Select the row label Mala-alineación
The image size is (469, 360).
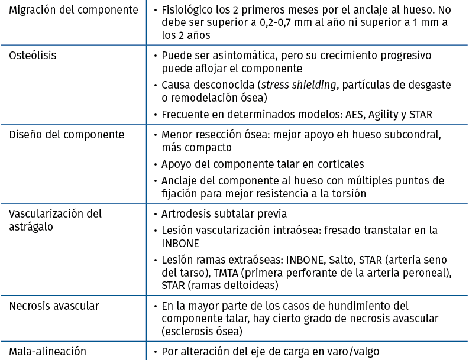tap(47, 351)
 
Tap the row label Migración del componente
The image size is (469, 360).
tap(73, 10)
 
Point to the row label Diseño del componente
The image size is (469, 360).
tap(66, 134)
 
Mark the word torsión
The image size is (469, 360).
tap(348, 193)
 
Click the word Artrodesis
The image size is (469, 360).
tap(189, 213)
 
